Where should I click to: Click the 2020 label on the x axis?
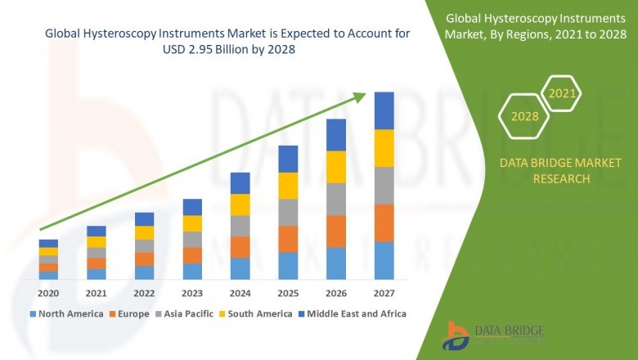click(48, 293)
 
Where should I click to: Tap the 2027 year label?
click(384, 293)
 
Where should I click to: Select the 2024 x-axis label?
click(240, 293)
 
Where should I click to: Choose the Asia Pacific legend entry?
click(187, 313)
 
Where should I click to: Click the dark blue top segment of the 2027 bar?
click(384, 110)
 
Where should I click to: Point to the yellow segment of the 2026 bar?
click(335, 167)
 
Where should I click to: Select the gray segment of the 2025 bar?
click(288, 212)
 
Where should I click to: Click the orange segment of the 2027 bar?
click(384, 223)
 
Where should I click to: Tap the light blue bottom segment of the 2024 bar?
click(240, 268)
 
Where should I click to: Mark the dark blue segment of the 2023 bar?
click(192, 207)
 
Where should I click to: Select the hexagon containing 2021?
click(561, 94)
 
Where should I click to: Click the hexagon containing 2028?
click(524, 116)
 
